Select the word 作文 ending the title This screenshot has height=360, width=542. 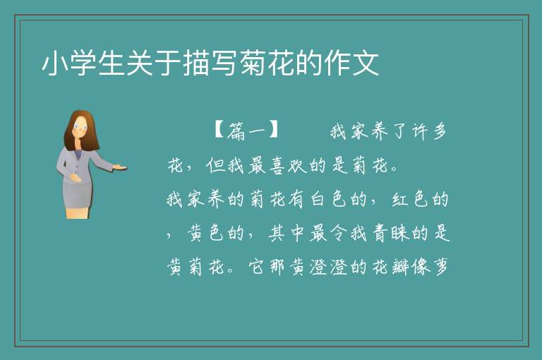pyautogui.click(x=351, y=64)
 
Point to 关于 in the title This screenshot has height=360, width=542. pyautogui.click(x=154, y=64)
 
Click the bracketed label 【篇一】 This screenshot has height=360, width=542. pyautogui.click(x=246, y=131)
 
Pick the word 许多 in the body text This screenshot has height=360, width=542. pyautogui.click(x=430, y=132)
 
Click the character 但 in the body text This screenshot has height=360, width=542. pyautogui.click(x=215, y=166)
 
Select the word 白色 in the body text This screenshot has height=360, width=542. pyautogui.click(x=328, y=199)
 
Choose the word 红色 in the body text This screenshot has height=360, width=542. pyautogui.click(x=409, y=199)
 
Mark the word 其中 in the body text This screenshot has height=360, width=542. pyautogui.click(x=287, y=233)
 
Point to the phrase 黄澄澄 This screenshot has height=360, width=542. pyautogui.click(x=318, y=267)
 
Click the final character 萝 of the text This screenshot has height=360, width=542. pyautogui.click(x=440, y=267)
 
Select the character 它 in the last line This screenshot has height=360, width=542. pyautogui.click(x=257, y=267)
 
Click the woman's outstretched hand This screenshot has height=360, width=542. pyautogui.click(x=119, y=167)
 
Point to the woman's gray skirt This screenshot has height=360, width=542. pyautogui.click(x=78, y=196)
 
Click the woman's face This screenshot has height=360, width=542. pyautogui.click(x=80, y=126)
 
